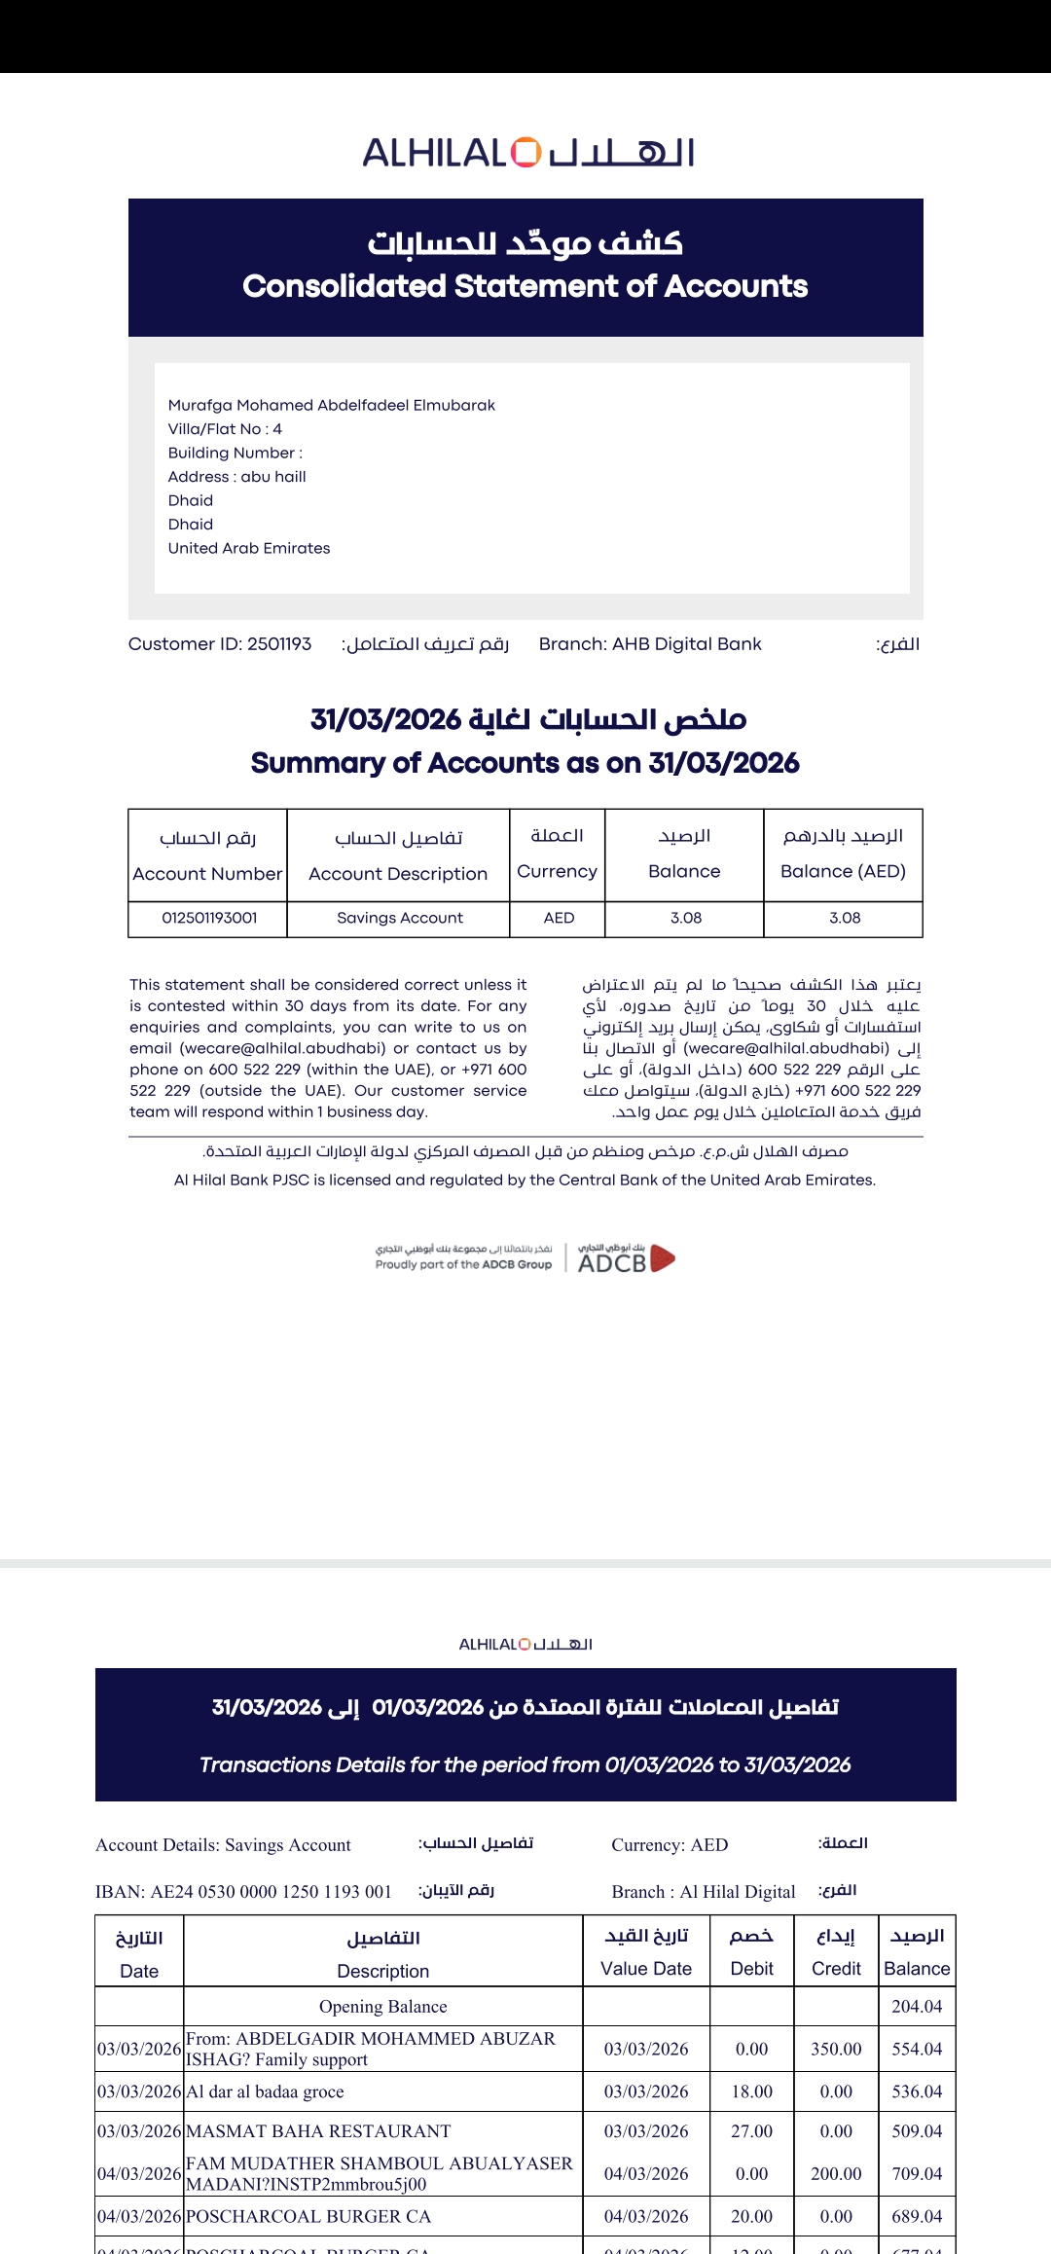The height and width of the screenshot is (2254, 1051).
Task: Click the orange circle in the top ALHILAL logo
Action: pos(525,153)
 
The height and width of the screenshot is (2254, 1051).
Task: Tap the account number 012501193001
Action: pos(209,918)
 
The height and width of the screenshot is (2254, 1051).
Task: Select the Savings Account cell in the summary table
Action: pos(399,918)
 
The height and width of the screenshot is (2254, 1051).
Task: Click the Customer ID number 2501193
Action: pos(279,644)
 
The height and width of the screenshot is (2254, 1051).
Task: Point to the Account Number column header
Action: pos(207,873)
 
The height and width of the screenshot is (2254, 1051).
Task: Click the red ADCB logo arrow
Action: pos(662,1258)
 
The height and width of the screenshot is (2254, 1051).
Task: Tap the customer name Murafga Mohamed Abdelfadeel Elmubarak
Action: pos(331,405)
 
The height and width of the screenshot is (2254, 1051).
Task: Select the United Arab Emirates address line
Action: pos(249,548)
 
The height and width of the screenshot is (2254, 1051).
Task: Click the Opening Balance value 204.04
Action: pos(917,2006)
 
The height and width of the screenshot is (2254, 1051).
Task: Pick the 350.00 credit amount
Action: pos(836,2049)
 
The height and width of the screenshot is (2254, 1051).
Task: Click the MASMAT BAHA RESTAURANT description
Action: pos(318,2130)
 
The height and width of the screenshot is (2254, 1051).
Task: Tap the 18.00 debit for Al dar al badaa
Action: pos(751,2090)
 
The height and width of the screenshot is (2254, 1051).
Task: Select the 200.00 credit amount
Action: pos(836,2173)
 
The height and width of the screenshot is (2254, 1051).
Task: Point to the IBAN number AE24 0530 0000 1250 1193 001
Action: pos(271,1891)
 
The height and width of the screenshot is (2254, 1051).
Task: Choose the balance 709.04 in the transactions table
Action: pos(917,2173)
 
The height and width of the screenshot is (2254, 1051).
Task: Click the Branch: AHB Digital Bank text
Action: pos(650,644)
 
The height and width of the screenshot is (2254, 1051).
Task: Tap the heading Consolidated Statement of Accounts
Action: pos(525,286)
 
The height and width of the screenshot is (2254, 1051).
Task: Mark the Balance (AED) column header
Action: pos(843,871)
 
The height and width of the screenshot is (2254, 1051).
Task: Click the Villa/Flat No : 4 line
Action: pos(225,429)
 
